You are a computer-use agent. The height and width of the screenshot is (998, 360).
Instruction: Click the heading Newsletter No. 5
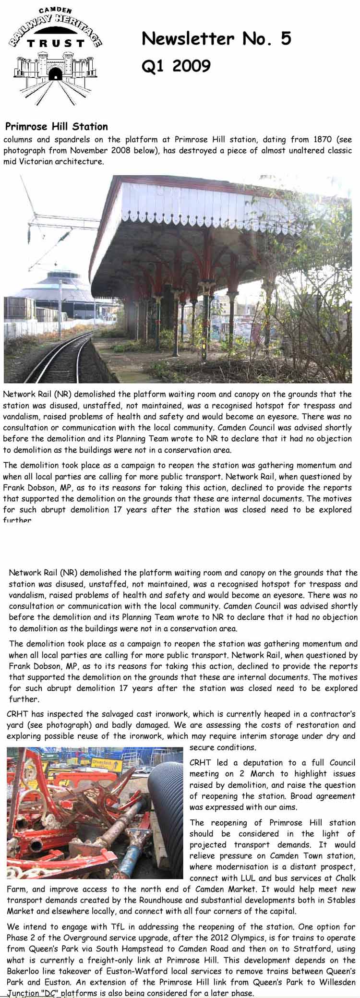[x=216, y=38]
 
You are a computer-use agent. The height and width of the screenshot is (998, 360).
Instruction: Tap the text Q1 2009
[x=176, y=66]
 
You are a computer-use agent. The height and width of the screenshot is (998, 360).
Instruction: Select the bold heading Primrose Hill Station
[x=56, y=127]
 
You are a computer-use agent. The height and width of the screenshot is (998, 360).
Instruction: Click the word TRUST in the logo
[x=56, y=44]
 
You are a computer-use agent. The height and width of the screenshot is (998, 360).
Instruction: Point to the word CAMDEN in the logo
[x=56, y=10]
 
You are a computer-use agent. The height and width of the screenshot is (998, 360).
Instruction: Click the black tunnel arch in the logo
[x=56, y=74]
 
